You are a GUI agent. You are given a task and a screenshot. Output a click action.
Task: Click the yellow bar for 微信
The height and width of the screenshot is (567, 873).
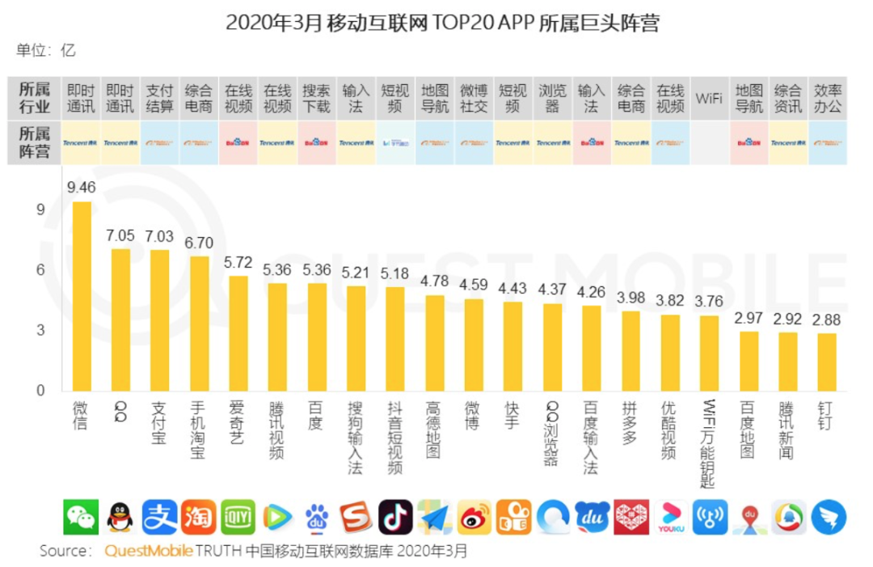coord(81,296)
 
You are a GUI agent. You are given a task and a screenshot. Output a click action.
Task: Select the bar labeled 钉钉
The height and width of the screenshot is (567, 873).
coord(826,362)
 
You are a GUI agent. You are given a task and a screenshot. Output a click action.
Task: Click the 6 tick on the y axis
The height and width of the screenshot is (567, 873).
coord(40,270)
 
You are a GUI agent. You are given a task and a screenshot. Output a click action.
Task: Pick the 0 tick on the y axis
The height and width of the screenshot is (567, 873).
coord(40,391)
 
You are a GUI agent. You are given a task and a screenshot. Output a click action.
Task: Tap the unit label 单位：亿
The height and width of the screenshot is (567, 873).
coord(47,50)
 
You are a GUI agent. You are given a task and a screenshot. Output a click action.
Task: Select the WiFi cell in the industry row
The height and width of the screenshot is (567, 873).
coord(709,99)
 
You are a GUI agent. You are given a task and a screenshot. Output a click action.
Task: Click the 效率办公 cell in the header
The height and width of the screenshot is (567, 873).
coord(827,99)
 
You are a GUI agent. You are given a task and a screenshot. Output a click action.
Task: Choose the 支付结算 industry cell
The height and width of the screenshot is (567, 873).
coord(159,99)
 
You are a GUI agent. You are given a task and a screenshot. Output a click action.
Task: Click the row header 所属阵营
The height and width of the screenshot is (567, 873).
coord(34,142)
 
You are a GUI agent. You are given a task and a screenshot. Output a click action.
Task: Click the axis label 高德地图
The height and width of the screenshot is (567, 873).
coord(434,429)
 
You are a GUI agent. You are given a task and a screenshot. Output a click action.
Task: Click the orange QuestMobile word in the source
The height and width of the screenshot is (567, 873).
coord(149,552)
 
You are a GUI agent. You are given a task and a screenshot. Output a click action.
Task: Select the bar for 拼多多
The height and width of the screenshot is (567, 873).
coord(630,351)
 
